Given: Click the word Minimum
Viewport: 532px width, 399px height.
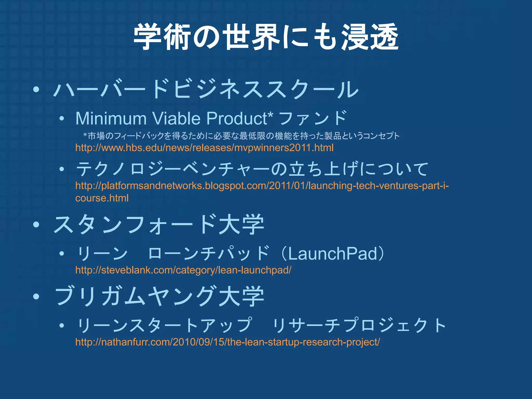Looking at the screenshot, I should [x=111, y=118].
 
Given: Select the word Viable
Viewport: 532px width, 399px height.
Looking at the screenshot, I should [x=176, y=118].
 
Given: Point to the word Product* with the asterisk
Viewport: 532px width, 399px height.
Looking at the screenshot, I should [x=240, y=118].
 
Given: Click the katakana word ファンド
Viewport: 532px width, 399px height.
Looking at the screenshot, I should [x=313, y=118].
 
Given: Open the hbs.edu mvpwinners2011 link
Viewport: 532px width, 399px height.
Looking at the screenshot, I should [x=204, y=148].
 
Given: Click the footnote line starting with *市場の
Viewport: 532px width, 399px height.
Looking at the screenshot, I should [x=241, y=136].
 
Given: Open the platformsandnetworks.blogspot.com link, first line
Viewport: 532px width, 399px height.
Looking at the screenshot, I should [x=262, y=186].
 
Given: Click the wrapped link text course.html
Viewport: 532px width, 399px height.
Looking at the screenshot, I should [x=102, y=198].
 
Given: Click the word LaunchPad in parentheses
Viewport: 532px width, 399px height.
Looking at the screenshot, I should [x=332, y=254].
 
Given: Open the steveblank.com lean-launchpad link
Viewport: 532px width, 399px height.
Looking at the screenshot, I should [x=183, y=270].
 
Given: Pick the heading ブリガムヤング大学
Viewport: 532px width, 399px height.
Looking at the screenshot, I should [x=159, y=296].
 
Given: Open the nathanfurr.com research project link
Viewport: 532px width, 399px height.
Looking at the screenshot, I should [x=227, y=342].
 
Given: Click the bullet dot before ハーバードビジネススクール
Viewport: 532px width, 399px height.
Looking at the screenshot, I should [x=36, y=90].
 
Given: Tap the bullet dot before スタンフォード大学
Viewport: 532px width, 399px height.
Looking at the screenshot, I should [x=36, y=225].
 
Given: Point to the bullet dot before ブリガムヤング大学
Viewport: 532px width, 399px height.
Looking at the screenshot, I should [x=36, y=296].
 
